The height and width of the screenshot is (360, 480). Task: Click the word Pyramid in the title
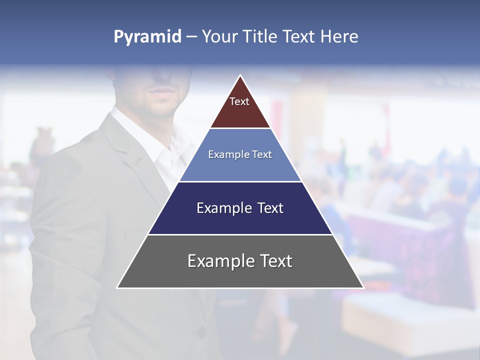[x=147, y=36]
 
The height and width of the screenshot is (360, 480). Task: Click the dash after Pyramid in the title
[x=191, y=37]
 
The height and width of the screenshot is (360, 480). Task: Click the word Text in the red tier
[x=239, y=101]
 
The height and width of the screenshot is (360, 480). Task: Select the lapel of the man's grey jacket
[x=125, y=150]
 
